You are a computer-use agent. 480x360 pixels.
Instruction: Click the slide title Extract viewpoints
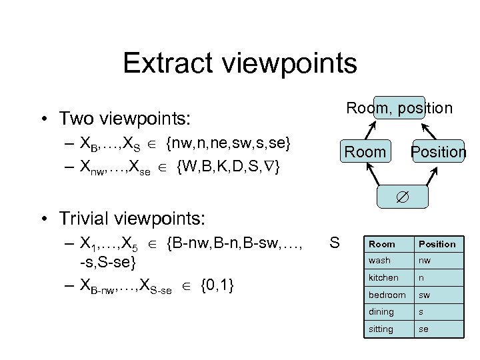pyautogui.click(x=240, y=64)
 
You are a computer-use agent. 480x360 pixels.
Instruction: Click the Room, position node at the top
pyautogui.click(x=399, y=107)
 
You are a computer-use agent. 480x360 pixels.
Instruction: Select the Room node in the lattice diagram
pyautogui.click(x=365, y=152)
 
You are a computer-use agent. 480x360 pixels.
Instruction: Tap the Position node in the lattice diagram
pyautogui.click(x=438, y=152)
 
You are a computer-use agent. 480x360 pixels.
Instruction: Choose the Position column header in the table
pyautogui.click(x=437, y=244)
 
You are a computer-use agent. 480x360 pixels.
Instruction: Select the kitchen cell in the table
pyautogui.click(x=383, y=277)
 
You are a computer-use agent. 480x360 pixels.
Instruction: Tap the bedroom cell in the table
pyautogui.click(x=386, y=295)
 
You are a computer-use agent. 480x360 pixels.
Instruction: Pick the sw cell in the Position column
pyautogui.click(x=424, y=295)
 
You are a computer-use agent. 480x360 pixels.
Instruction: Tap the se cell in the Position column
pyautogui.click(x=423, y=329)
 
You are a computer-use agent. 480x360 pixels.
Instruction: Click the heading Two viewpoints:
pyautogui.click(x=124, y=119)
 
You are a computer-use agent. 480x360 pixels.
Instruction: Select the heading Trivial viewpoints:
pyautogui.click(x=132, y=217)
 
